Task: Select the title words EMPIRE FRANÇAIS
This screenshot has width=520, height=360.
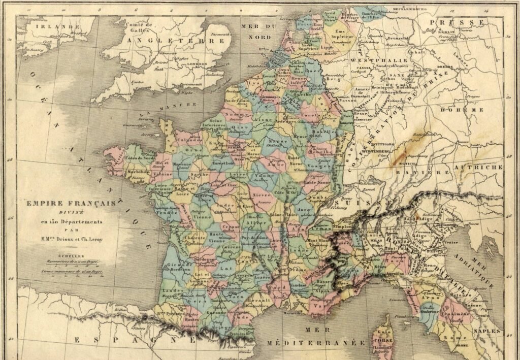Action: click(x=68, y=203)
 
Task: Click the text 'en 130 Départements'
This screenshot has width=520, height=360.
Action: click(x=68, y=222)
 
